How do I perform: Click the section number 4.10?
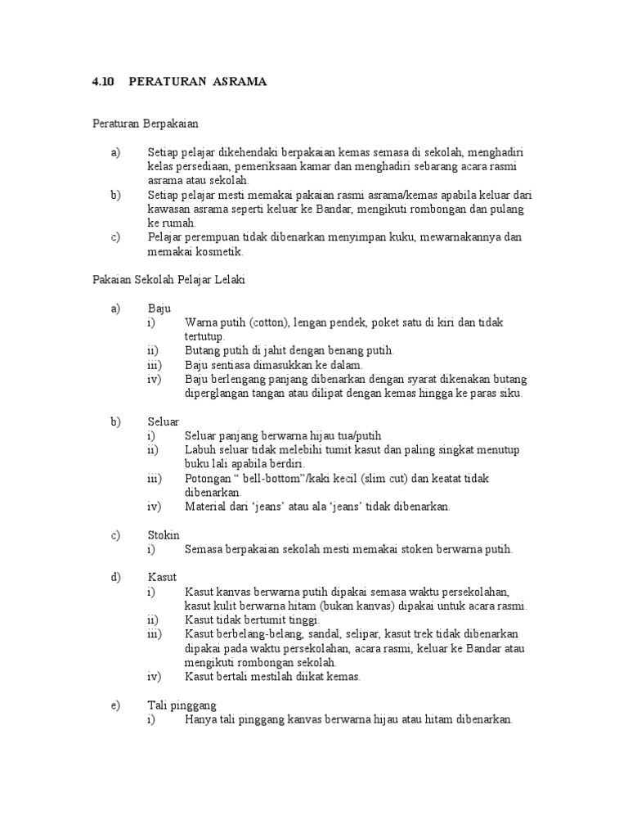(x=103, y=83)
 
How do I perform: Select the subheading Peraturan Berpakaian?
(x=145, y=124)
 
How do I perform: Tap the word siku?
(x=510, y=393)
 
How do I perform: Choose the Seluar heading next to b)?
(x=164, y=421)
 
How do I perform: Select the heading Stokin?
(x=164, y=535)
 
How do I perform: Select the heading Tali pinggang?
(x=182, y=705)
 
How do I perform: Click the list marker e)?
(x=114, y=705)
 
